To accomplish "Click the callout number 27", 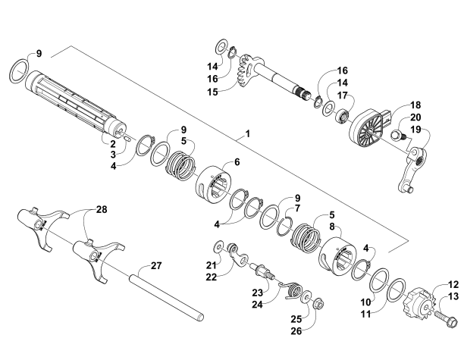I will click(x=157, y=265).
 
